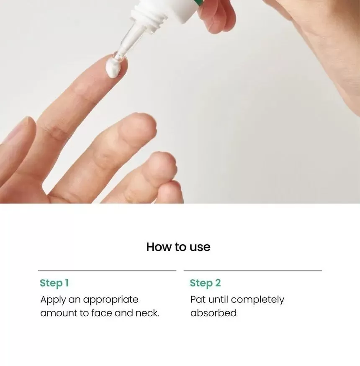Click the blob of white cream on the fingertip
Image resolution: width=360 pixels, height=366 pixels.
pyautogui.click(x=113, y=67)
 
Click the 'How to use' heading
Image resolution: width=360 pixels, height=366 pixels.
pyautogui.click(x=178, y=247)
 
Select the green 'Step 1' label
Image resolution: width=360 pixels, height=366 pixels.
pyautogui.click(x=54, y=283)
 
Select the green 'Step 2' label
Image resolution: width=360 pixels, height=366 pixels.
pyautogui.click(x=205, y=283)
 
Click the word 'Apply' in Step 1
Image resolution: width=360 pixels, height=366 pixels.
pyautogui.click(x=53, y=300)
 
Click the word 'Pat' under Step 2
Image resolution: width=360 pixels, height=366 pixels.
pyautogui.click(x=198, y=299)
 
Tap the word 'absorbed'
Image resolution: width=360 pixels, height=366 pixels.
pyautogui.click(x=213, y=313)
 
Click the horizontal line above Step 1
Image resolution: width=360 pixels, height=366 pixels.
pyautogui.click(x=107, y=271)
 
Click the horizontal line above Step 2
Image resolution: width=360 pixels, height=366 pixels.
pyautogui.click(x=253, y=271)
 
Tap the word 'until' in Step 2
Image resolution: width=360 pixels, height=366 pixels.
pyautogui.click(x=218, y=299)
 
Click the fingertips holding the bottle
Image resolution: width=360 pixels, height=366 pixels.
pyautogui.click(x=216, y=16)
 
